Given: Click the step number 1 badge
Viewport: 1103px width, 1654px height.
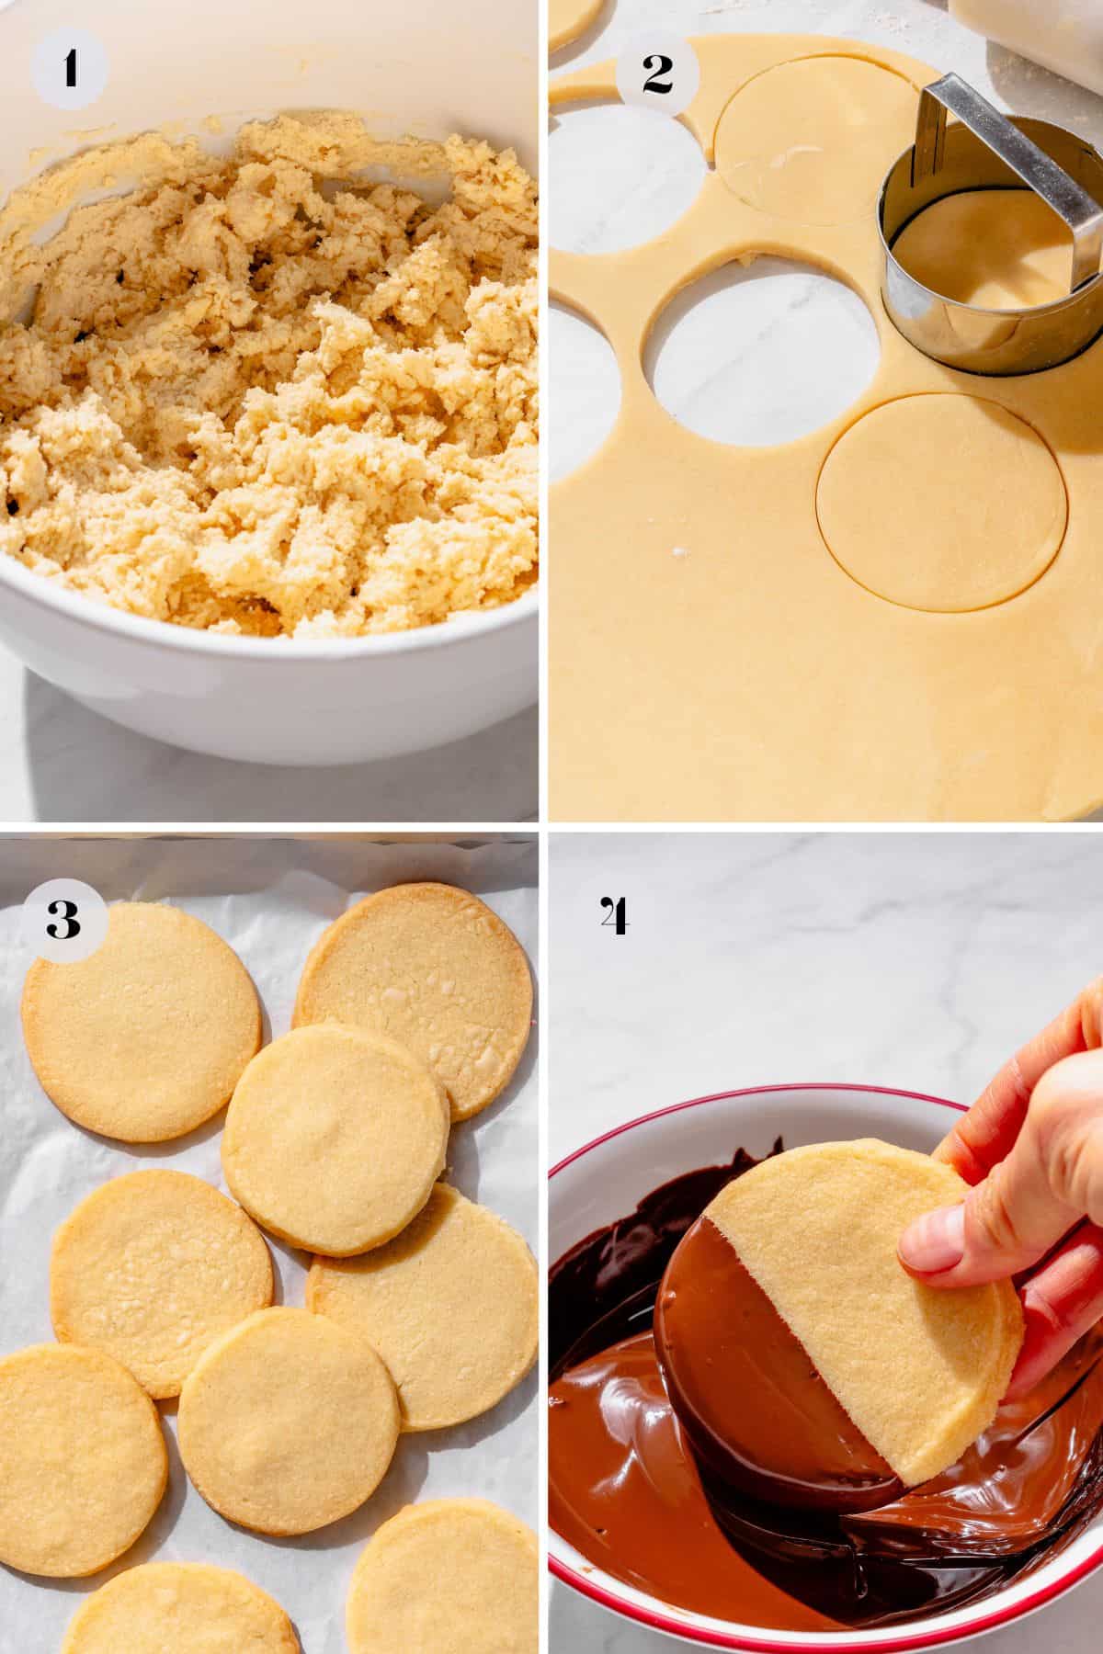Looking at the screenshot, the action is pyautogui.click(x=70, y=70).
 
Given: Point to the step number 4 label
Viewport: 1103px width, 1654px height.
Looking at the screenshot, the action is pyautogui.click(x=613, y=916).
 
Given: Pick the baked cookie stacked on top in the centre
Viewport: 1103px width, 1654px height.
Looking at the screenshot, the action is pyautogui.click(x=335, y=1139).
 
